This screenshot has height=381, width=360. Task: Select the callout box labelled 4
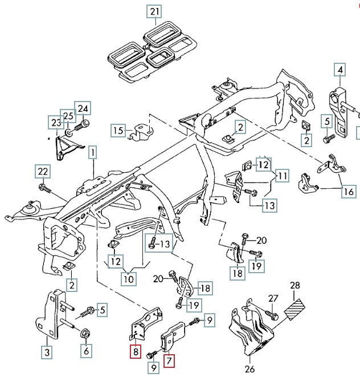tap(339, 70)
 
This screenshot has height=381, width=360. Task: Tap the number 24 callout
tap(83, 109)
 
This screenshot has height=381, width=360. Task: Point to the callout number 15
tap(118, 131)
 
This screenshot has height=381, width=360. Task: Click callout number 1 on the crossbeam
tap(92, 152)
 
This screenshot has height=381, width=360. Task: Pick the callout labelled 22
tap(43, 171)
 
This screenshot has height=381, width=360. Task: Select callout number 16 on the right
tap(348, 192)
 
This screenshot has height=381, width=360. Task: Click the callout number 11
tap(282, 176)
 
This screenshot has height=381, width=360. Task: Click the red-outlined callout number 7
tap(170, 360)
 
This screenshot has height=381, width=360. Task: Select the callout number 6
tap(86, 351)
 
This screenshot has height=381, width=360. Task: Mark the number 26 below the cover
tap(249, 368)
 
